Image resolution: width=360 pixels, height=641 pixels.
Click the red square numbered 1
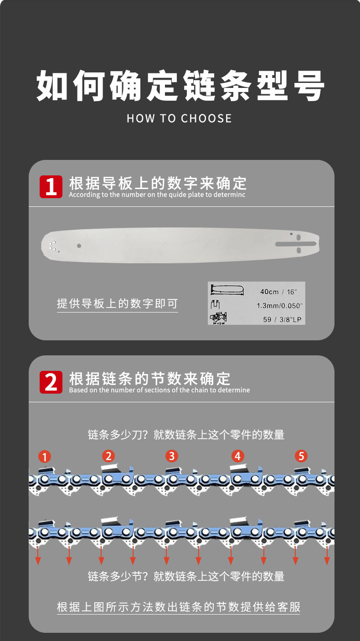[51, 187]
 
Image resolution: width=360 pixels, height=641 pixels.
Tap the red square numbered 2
[51, 382]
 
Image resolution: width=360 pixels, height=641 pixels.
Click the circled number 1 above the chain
[45, 456]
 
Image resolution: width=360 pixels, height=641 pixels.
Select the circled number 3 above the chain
[172, 456]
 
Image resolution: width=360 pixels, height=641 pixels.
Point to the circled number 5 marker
[301, 456]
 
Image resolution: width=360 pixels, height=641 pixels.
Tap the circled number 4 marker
[238, 456]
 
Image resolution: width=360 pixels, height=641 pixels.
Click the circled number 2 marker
[108, 456]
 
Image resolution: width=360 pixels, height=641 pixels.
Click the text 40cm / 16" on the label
[278, 292]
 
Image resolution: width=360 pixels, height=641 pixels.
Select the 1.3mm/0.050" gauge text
[279, 306]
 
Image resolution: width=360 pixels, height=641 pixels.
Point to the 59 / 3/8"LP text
[282, 319]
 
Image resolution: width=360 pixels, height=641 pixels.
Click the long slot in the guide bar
[296, 244]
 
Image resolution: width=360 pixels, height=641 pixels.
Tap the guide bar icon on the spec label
[227, 290]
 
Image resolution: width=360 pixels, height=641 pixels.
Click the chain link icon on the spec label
[218, 318]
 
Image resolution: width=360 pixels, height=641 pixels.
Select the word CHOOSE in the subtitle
[206, 118]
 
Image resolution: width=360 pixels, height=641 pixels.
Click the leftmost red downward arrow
[38, 555]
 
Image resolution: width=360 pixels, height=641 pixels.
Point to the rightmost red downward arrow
[327, 555]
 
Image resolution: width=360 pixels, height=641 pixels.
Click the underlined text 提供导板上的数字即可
[117, 303]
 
